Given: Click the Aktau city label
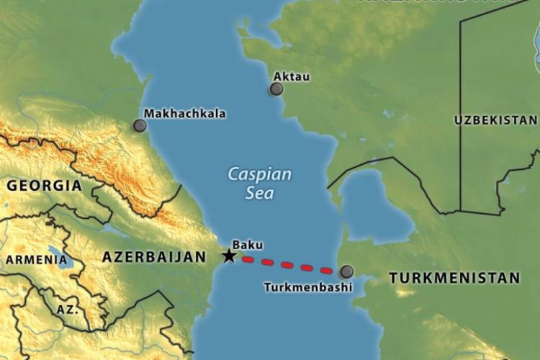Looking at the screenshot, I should click(x=292, y=76).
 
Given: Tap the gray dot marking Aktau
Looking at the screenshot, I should click(x=276, y=89).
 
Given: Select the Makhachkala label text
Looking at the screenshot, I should click(x=184, y=113).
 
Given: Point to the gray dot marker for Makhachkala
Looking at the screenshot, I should click(x=140, y=125).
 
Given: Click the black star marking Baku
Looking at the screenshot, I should click(x=229, y=256).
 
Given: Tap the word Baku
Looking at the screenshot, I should click(x=247, y=245).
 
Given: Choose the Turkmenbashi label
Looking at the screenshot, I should click(x=308, y=287).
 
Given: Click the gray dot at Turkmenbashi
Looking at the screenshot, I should click(x=347, y=271).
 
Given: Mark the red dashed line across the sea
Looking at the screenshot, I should click(x=288, y=264).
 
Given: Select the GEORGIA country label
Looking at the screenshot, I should click(x=44, y=186).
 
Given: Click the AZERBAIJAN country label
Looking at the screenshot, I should click(x=148, y=257).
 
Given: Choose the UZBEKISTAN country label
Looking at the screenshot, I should click(x=495, y=120).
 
